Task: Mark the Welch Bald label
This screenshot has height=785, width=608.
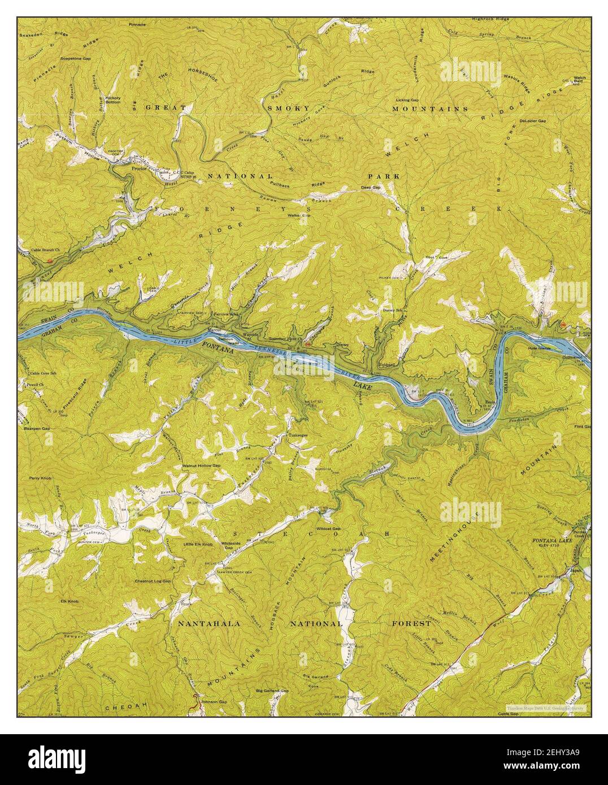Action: point(579,80)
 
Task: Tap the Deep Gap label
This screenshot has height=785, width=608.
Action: point(371,187)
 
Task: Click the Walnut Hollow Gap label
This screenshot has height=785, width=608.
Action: point(201,466)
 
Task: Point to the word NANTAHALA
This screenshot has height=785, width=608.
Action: point(210,624)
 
